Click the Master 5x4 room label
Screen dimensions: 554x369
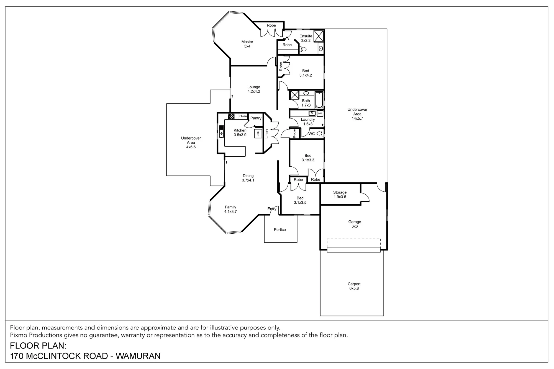point(247,44)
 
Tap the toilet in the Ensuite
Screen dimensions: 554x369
point(303,49)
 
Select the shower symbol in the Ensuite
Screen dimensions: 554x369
point(319,36)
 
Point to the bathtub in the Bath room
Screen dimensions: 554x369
point(319,100)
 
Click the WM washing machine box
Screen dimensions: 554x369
point(320,113)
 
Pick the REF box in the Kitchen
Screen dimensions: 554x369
point(258,134)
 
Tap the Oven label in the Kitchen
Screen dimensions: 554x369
point(243,116)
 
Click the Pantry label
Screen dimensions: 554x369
point(256,118)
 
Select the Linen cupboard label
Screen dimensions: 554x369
point(267,134)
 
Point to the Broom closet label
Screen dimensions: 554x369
point(294,133)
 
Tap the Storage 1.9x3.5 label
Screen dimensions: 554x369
point(340,195)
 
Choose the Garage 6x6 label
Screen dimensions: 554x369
point(355,224)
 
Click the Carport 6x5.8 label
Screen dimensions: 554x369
point(354,286)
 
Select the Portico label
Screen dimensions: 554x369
point(280,230)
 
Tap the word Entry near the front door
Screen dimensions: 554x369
point(272,209)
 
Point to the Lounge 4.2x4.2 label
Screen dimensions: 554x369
point(254,89)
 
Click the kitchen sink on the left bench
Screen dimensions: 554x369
point(221,132)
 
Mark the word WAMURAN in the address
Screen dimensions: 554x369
point(138,356)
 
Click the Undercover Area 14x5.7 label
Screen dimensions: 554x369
point(357,114)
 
